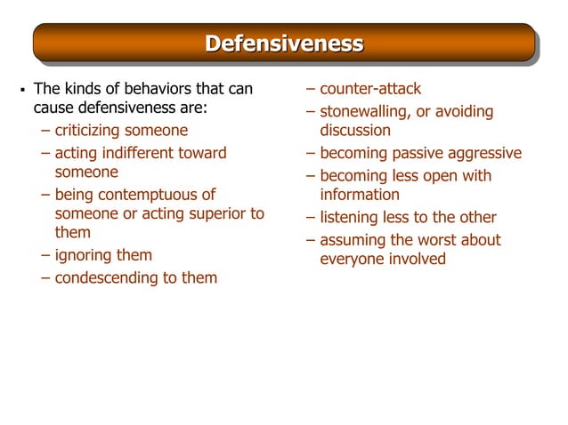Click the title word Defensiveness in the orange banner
pos(284,43)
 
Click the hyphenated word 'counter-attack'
pos(370,89)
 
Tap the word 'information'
pos(360,194)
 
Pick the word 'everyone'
pos(352,259)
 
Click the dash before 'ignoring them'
pos(45,255)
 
